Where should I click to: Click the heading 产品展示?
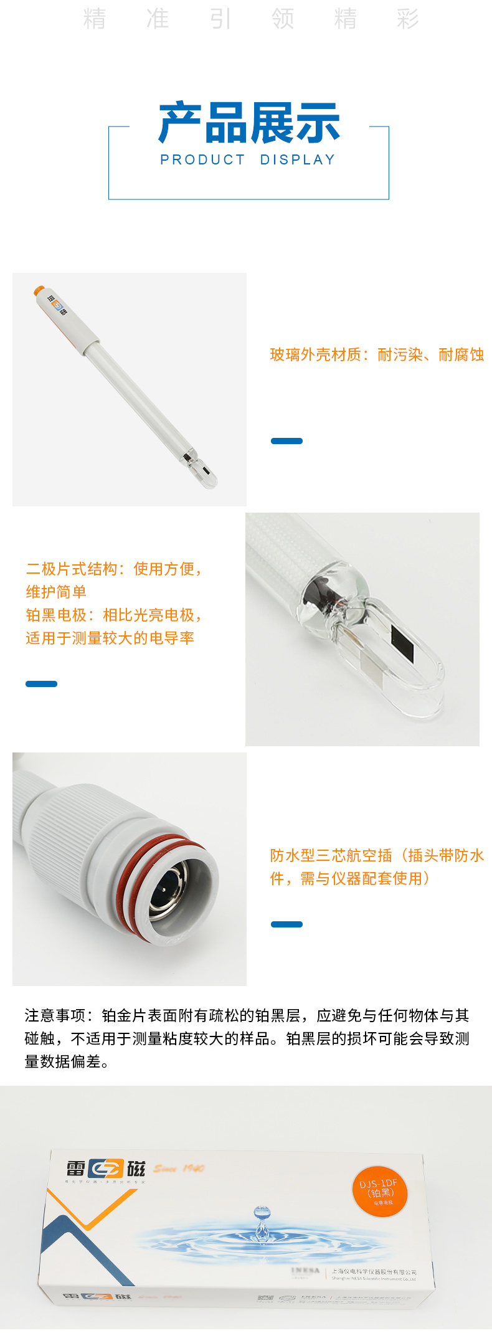tap(248, 123)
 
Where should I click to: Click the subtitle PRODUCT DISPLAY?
tap(248, 160)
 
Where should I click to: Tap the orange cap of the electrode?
tap(39, 290)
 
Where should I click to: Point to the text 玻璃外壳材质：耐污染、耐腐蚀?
tap(377, 355)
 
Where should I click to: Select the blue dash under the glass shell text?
tap(286, 441)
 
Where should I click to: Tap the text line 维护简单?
tap(56, 592)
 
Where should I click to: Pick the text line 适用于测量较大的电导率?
tap(110, 638)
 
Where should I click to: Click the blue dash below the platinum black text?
tap(41, 684)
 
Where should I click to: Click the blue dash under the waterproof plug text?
tap(286, 924)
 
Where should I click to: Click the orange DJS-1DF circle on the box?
tap(379, 1191)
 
